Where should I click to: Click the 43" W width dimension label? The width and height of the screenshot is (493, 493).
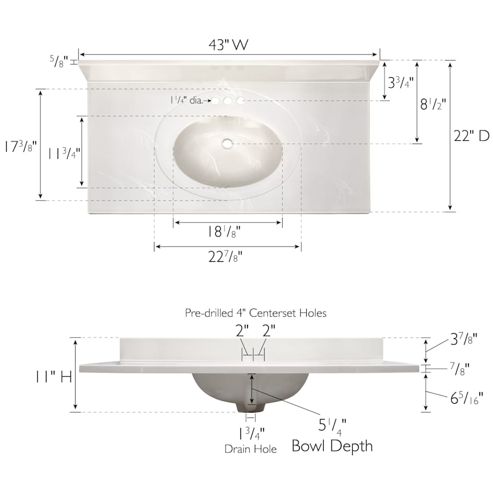point(228,45)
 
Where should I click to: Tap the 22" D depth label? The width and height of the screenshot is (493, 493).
point(472,136)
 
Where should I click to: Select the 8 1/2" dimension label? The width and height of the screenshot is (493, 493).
point(433,104)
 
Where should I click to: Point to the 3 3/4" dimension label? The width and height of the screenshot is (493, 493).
point(400,83)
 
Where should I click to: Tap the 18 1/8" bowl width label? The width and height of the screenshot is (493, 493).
point(224,232)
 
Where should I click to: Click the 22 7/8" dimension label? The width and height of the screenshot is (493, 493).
point(226,257)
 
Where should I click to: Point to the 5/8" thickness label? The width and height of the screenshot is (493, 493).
point(59,61)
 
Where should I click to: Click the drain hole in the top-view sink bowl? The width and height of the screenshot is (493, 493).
point(227,144)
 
